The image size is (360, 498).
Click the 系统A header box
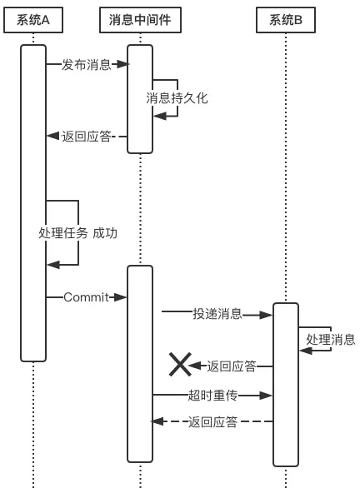[x=33, y=20]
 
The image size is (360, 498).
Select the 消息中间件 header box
[x=140, y=20]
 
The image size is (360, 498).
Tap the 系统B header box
[x=286, y=20]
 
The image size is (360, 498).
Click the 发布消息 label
[x=86, y=65]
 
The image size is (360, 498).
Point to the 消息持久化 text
[x=177, y=98]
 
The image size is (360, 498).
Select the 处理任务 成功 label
[x=77, y=233]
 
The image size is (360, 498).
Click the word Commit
[x=86, y=297]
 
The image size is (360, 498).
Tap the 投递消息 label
[x=217, y=314]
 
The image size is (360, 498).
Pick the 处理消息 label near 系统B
[x=330, y=340]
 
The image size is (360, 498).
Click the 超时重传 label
[x=213, y=394]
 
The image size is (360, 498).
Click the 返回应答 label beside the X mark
[x=231, y=366]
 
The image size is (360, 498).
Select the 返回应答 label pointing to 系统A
[x=86, y=136]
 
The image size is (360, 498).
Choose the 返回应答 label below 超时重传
[x=213, y=422]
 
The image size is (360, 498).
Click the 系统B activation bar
[x=286, y=383]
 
